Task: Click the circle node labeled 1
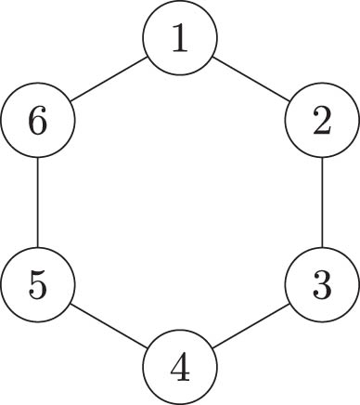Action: coord(180,38)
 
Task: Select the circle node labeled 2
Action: coord(322,121)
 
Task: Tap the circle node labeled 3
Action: coord(322,285)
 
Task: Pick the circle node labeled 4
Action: coord(180,368)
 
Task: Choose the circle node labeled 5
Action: coord(37,285)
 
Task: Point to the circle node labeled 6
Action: coord(37,121)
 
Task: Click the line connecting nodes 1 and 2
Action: coord(251,79)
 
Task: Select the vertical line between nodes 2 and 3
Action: coord(322,202)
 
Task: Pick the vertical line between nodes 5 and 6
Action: coord(37,202)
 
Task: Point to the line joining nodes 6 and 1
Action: coord(109,79)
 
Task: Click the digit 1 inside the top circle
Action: coord(180,38)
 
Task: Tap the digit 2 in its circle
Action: coord(322,121)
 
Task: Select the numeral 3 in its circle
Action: coord(322,285)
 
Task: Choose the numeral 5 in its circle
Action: coord(37,285)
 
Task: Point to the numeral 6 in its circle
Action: coord(37,121)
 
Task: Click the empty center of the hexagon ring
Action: coord(180,202)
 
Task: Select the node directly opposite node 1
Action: coord(180,368)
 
